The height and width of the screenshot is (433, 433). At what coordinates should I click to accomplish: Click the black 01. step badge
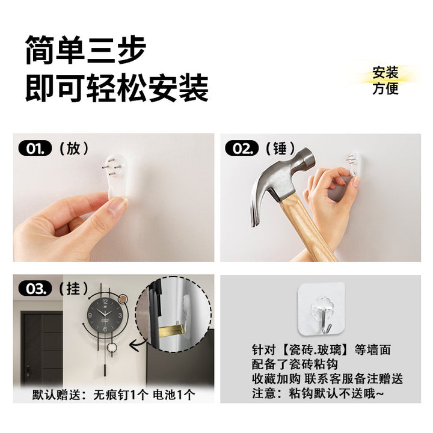[x=35, y=149]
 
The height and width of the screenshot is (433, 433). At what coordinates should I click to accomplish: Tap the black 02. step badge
[x=242, y=149]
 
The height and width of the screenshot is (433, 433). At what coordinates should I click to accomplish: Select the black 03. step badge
[x=35, y=289]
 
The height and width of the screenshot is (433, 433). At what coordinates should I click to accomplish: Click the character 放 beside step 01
[x=74, y=149]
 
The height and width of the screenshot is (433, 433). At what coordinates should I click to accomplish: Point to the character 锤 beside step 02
[x=280, y=149]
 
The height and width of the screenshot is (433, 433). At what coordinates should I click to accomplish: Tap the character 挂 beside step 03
[x=73, y=289]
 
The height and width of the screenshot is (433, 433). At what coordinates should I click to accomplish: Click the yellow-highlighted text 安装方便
[x=385, y=81]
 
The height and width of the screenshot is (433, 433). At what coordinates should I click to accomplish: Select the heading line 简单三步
[x=85, y=50]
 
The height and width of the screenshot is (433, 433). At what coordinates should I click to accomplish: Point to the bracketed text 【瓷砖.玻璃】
[x=315, y=349]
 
